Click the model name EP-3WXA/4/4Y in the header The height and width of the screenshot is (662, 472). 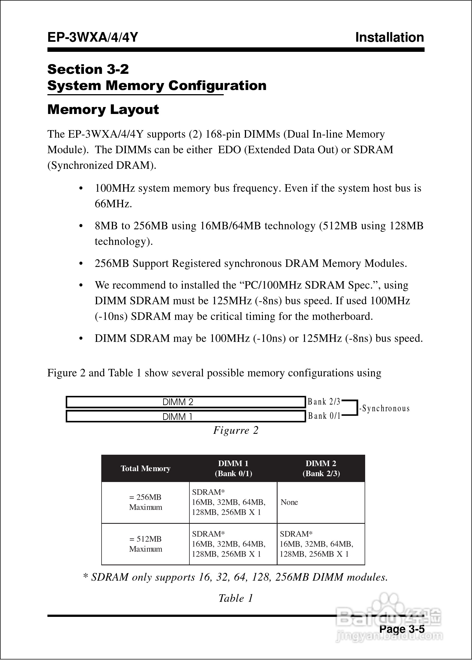(92, 38)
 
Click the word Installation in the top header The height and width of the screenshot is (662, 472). (389, 38)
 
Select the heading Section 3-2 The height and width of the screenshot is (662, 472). (88, 69)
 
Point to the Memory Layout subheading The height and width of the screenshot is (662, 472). (103, 110)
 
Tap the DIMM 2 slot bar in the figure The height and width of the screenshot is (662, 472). (186, 402)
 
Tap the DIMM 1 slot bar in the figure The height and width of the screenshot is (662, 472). (186, 417)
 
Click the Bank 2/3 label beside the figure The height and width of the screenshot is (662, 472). (324, 402)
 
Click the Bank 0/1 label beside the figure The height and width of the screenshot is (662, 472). (324, 416)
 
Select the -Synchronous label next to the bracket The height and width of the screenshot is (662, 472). (384, 409)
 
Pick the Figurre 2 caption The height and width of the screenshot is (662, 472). (236, 430)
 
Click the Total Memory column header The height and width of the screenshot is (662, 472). (145, 468)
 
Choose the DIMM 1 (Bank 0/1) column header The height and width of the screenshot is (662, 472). (233, 468)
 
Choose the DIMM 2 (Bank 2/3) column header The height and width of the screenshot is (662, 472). (321, 468)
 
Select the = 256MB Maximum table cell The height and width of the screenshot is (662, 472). (145, 502)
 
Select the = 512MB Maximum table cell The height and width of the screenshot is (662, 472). (145, 544)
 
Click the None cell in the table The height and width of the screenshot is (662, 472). (289, 502)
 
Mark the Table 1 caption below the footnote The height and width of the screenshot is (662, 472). (236, 598)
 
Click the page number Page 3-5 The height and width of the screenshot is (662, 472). (402, 629)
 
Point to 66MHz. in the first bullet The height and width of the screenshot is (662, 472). (113, 204)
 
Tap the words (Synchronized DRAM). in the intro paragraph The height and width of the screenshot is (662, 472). (102, 165)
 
